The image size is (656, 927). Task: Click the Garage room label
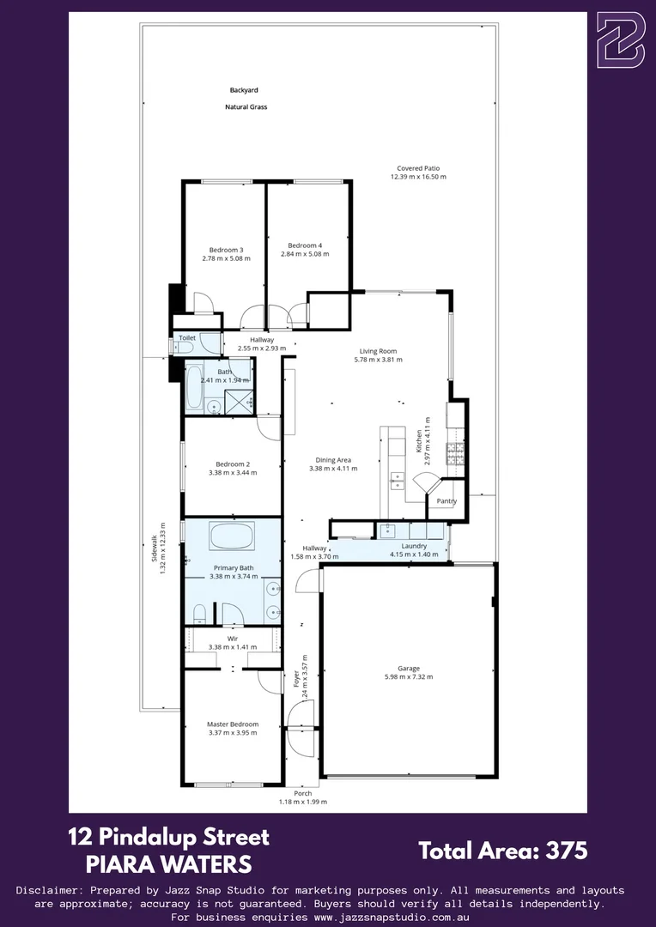409,668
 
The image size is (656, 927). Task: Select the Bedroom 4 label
305,245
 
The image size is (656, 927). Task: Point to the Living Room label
378,351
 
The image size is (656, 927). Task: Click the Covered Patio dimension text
418,177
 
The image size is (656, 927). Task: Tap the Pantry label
446,501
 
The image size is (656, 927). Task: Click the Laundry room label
414,546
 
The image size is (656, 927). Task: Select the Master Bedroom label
232,724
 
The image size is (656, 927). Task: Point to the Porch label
302,793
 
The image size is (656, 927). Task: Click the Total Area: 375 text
502,851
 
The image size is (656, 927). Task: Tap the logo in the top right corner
620,39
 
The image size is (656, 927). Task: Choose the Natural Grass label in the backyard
246,107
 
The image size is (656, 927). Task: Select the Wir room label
232,638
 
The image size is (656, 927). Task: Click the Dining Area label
332,460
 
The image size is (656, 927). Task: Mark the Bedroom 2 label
232,463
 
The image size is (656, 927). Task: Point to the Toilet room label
186,338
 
